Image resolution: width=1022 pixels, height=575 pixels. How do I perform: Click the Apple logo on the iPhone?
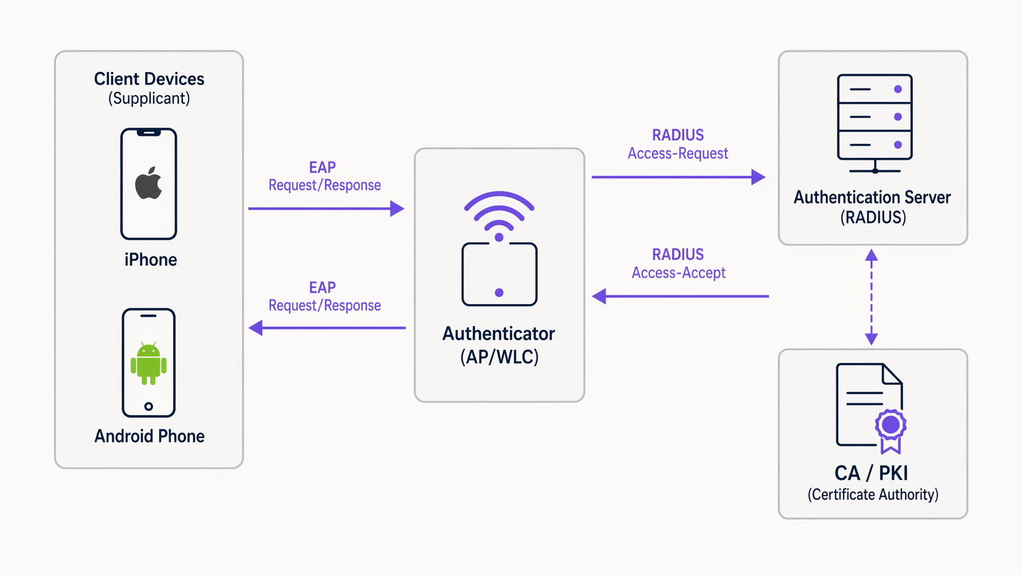[x=148, y=184]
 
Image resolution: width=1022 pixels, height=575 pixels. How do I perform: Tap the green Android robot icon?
[x=148, y=363]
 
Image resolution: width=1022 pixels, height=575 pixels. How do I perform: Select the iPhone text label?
[x=150, y=260]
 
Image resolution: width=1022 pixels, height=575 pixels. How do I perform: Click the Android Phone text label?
[x=149, y=436]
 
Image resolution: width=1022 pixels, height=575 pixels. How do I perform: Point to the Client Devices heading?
[x=149, y=79]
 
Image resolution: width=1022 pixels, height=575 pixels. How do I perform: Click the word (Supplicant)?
[x=149, y=98]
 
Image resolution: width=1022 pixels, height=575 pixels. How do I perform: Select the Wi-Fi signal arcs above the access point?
[x=499, y=210]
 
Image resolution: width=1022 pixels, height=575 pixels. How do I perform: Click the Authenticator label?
[x=498, y=333]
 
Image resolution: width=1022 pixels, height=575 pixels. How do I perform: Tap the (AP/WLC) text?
[x=499, y=357]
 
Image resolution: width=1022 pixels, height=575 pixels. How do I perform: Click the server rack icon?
[x=874, y=123]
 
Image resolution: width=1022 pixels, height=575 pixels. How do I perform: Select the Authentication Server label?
[x=872, y=198]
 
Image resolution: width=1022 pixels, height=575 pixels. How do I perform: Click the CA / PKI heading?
[x=871, y=473]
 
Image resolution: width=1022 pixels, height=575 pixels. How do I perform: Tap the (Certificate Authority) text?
[x=873, y=494]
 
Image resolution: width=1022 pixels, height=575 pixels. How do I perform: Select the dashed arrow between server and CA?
[x=871, y=297]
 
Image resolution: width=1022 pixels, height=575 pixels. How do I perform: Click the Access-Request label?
[x=677, y=154]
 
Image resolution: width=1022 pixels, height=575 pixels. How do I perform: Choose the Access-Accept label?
[x=678, y=273]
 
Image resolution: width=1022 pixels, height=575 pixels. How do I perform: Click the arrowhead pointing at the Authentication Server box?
[x=758, y=177]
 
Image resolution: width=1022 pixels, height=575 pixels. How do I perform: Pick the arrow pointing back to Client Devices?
[x=326, y=327]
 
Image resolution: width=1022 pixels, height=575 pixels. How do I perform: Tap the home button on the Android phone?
[x=148, y=406]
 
